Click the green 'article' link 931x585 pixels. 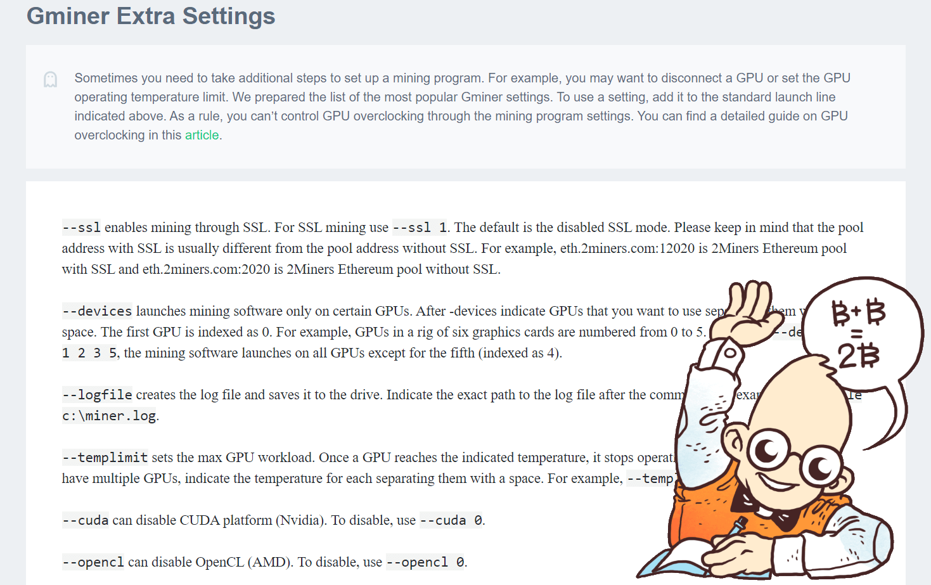click(202, 135)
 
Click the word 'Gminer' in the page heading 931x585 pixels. click(67, 16)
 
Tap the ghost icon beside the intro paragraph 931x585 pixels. click(51, 79)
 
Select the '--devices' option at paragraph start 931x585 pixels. click(97, 311)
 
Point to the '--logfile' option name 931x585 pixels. click(97, 395)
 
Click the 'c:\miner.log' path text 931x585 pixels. click(109, 416)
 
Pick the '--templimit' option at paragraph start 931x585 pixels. click(105, 458)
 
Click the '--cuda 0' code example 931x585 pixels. click(451, 520)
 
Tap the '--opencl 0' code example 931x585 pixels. click(425, 562)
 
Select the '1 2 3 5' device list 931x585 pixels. click(89, 353)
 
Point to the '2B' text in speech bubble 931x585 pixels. click(859, 356)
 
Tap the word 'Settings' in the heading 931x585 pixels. click(229, 16)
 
